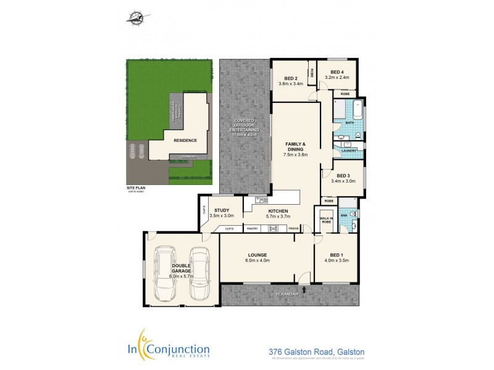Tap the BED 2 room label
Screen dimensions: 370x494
pyautogui.click(x=291, y=78)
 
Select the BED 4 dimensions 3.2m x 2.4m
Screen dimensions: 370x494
pyautogui.click(x=337, y=78)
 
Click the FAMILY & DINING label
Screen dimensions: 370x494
pyautogui.click(x=295, y=146)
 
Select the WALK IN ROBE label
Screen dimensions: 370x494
pyautogui.click(x=326, y=220)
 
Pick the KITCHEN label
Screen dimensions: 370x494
pyautogui.click(x=278, y=211)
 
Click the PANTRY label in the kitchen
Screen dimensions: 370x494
pyautogui.click(x=252, y=229)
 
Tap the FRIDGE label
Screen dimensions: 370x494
pyautogui.click(x=293, y=229)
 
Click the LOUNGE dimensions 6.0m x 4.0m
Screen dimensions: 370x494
pyautogui.click(x=257, y=261)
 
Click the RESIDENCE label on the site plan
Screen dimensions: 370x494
pyautogui.click(x=185, y=141)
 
